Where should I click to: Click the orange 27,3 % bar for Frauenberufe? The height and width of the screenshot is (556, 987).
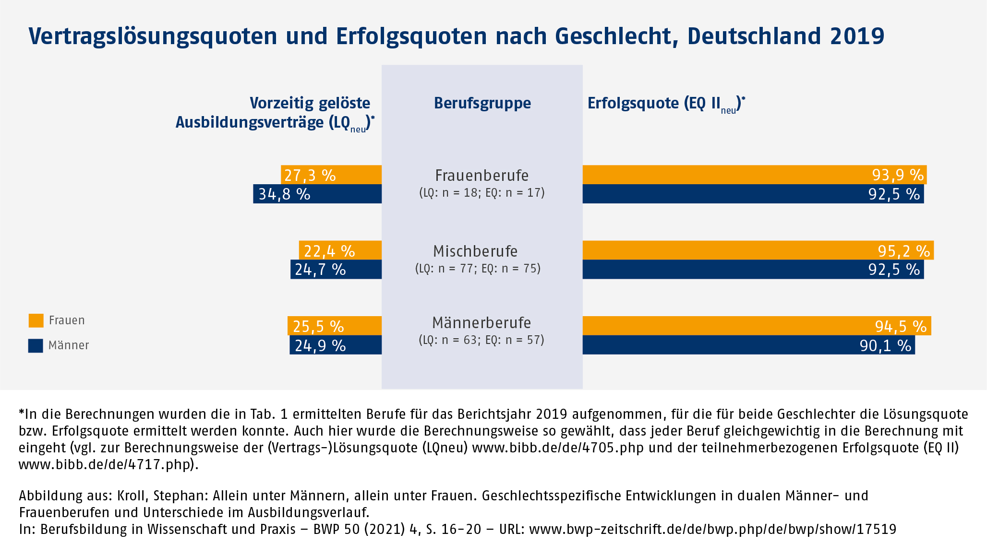point(331,175)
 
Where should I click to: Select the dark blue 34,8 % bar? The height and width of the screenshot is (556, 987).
point(317,194)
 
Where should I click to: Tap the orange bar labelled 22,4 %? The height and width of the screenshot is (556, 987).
point(340,250)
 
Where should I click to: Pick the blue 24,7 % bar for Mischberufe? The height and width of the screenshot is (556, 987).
point(336,269)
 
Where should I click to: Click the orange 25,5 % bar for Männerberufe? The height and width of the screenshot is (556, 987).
point(335,326)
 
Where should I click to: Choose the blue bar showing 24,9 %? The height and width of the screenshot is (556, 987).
point(336,345)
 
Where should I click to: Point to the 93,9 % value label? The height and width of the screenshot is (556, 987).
point(898,175)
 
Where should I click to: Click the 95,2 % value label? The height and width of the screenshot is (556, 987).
point(904,251)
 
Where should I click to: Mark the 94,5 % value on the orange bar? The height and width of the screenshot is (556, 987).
point(901,326)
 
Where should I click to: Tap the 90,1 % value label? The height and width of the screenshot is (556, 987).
point(885,345)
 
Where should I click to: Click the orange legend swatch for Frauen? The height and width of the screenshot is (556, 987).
point(36,320)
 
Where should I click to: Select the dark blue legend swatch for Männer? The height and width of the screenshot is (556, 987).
point(36,345)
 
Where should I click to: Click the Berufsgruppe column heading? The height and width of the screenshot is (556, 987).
point(482,103)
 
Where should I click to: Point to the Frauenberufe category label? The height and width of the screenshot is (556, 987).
point(481,176)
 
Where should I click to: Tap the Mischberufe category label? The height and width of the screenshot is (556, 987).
point(475,251)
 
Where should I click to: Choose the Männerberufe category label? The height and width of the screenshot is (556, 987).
point(481,323)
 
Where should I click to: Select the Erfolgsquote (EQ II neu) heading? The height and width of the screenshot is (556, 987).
point(666,104)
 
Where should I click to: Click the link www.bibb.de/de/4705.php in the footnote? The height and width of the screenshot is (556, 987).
point(558,448)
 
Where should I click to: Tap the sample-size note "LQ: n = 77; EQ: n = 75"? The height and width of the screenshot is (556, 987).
point(478,269)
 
